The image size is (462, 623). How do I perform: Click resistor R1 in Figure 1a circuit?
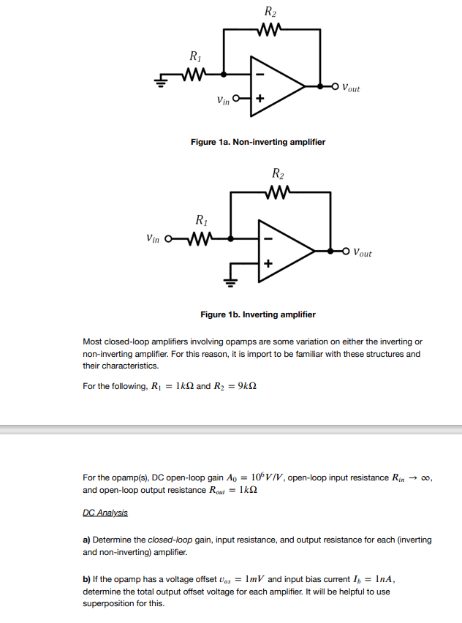click(194, 74)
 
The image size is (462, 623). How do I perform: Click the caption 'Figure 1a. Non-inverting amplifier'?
click(258, 142)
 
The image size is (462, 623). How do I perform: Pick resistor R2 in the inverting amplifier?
click(276, 193)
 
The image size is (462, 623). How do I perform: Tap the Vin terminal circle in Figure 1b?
click(169, 238)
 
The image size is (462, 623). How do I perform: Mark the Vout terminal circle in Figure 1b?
click(346, 251)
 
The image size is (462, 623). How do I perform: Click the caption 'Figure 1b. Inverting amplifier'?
click(258, 314)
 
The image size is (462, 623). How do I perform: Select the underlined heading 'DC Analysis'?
click(105, 513)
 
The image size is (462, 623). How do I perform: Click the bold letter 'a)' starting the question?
click(87, 540)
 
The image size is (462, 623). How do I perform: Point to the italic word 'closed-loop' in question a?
click(170, 540)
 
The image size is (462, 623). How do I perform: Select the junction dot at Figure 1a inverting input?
click(224, 74)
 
